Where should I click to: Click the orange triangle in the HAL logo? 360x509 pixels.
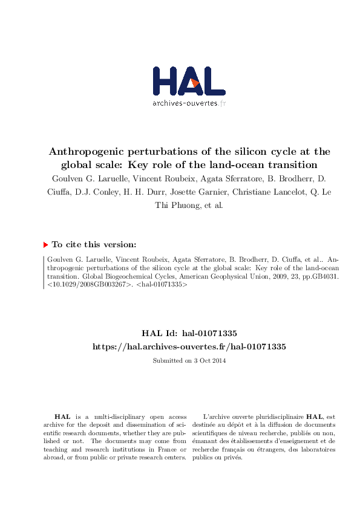195,83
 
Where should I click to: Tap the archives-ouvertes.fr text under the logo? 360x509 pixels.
189,103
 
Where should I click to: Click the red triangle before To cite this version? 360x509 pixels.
45,245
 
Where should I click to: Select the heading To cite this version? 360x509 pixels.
94,245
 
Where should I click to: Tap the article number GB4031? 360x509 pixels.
322,275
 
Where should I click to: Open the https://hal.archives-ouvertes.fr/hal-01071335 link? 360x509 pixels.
188,346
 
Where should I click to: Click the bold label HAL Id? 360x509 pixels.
160,333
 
